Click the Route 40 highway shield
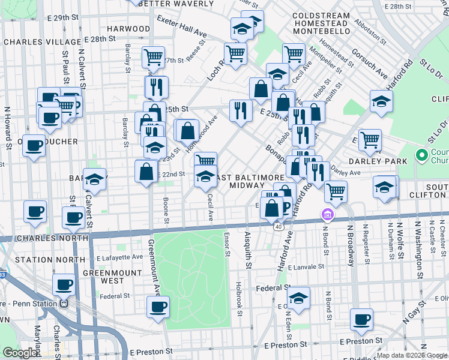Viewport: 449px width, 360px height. [279, 227]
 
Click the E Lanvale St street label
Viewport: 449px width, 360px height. [306, 266]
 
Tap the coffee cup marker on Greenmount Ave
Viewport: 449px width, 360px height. [158, 307]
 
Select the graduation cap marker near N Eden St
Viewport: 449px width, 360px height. [298, 298]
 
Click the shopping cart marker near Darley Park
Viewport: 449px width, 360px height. [370, 140]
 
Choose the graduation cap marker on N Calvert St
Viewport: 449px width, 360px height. [94, 178]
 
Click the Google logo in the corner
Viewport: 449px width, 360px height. [20, 353]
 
